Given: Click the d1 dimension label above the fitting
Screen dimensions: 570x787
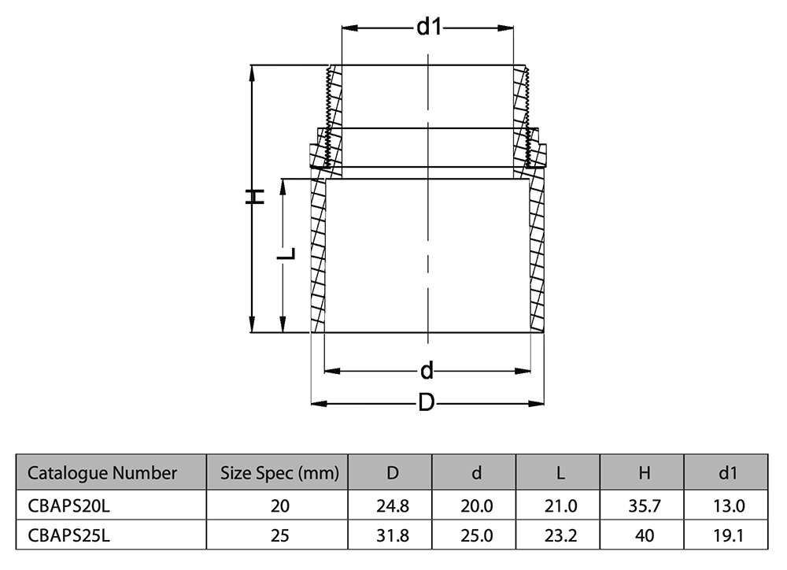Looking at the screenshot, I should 427,28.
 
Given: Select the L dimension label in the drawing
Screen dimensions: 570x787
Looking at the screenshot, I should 289,254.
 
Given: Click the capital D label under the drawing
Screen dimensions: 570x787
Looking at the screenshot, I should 426,404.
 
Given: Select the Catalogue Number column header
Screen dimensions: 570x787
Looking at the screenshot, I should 102,473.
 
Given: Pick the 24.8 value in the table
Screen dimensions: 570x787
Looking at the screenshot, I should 392,505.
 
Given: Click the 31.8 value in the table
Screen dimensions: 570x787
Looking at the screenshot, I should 392,535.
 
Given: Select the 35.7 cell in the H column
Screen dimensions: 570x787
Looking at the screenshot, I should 644,505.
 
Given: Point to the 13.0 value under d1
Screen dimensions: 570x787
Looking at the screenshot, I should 728,505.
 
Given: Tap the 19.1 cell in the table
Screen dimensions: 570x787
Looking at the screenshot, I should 728,535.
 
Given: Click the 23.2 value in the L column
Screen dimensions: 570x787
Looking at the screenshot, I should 560,535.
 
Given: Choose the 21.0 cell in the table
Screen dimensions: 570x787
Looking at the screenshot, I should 560,505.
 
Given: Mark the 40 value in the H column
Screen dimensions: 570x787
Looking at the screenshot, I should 644,535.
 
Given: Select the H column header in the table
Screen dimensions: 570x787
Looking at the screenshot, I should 644,473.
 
